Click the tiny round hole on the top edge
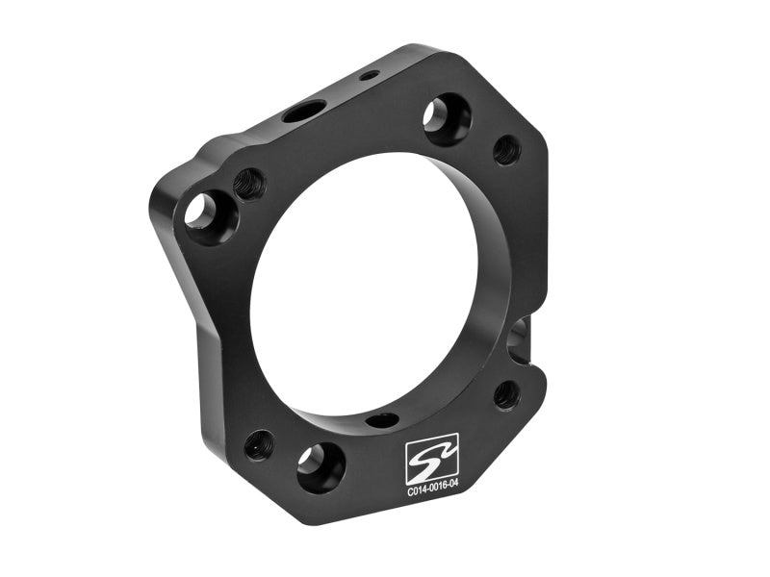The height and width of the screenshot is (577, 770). click(x=369, y=75)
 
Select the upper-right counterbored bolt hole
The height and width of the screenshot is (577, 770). click(x=447, y=118)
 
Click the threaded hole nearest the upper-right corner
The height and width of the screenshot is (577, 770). click(x=506, y=149)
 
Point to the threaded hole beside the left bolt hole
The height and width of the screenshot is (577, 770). click(x=249, y=182)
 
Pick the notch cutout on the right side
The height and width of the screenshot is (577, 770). click(x=521, y=337)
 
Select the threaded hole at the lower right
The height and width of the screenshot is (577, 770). click(x=506, y=393)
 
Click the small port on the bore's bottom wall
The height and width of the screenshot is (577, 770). click(x=381, y=420)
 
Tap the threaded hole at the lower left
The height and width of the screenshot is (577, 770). click(x=259, y=443)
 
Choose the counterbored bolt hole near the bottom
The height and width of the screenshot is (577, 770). click(x=319, y=465)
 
